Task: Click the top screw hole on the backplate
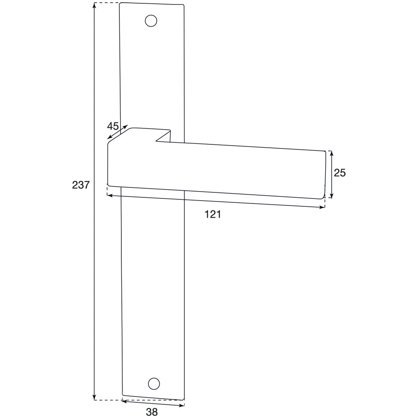(151, 21)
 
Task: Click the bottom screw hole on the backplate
(153, 383)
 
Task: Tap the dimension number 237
(81, 185)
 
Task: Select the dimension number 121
(213, 214)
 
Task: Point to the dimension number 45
(113, 126)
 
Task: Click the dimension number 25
(340, 173)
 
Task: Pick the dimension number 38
(152, 412)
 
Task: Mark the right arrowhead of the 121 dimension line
(322, 207)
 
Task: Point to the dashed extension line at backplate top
(107, 3)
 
